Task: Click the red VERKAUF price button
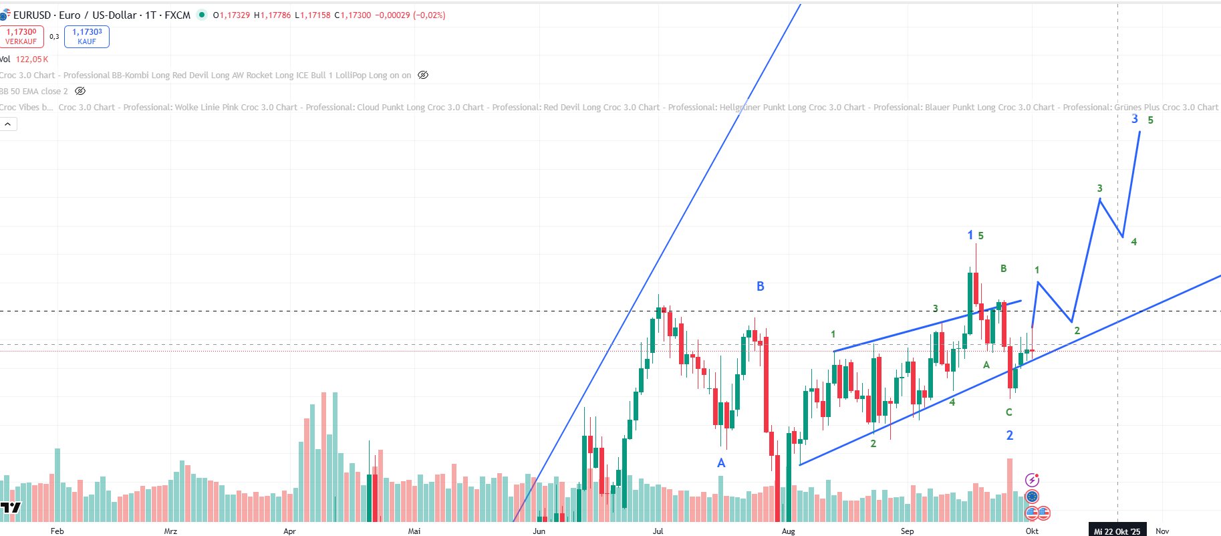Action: [21, 37]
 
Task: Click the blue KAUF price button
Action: [87, 37]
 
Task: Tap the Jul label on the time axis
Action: [658, 531]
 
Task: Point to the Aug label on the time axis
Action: [789, 531]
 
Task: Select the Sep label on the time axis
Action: [907, 531]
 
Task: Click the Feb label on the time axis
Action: [57, 531]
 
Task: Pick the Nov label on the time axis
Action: [1162, 531]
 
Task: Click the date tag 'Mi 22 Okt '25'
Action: [1117, 531]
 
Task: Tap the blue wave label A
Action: [721, 462]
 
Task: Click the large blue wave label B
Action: [760, 286]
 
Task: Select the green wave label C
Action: [1009, 412]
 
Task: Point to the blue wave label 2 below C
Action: [1010, 435]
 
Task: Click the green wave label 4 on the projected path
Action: [1134, 242]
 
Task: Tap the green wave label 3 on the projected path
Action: [1099, 188]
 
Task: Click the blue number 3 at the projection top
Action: [1135, 119]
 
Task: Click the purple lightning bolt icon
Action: [1032, 480]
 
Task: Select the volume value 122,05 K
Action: [32, 59]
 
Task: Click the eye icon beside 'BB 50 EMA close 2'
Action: [80, 91]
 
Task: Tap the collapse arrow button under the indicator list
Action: [8, 124]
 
